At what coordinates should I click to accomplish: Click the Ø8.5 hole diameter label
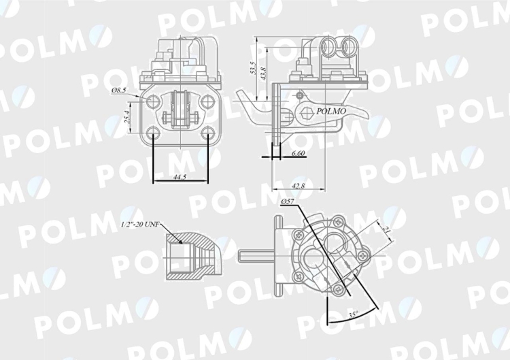pos(119,91)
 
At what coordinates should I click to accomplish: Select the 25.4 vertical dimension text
pos(127,117)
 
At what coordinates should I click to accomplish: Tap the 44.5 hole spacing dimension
pos(180,177)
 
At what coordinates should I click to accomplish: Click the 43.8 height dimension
pos(264,73)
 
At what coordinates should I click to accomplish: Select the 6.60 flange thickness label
pos(298,153)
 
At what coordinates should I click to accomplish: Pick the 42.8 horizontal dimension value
pos(299,186)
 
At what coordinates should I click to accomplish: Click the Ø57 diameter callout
pos(288,202)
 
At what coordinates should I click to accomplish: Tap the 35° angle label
pos(353,314)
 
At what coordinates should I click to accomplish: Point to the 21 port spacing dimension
pos(387,230)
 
